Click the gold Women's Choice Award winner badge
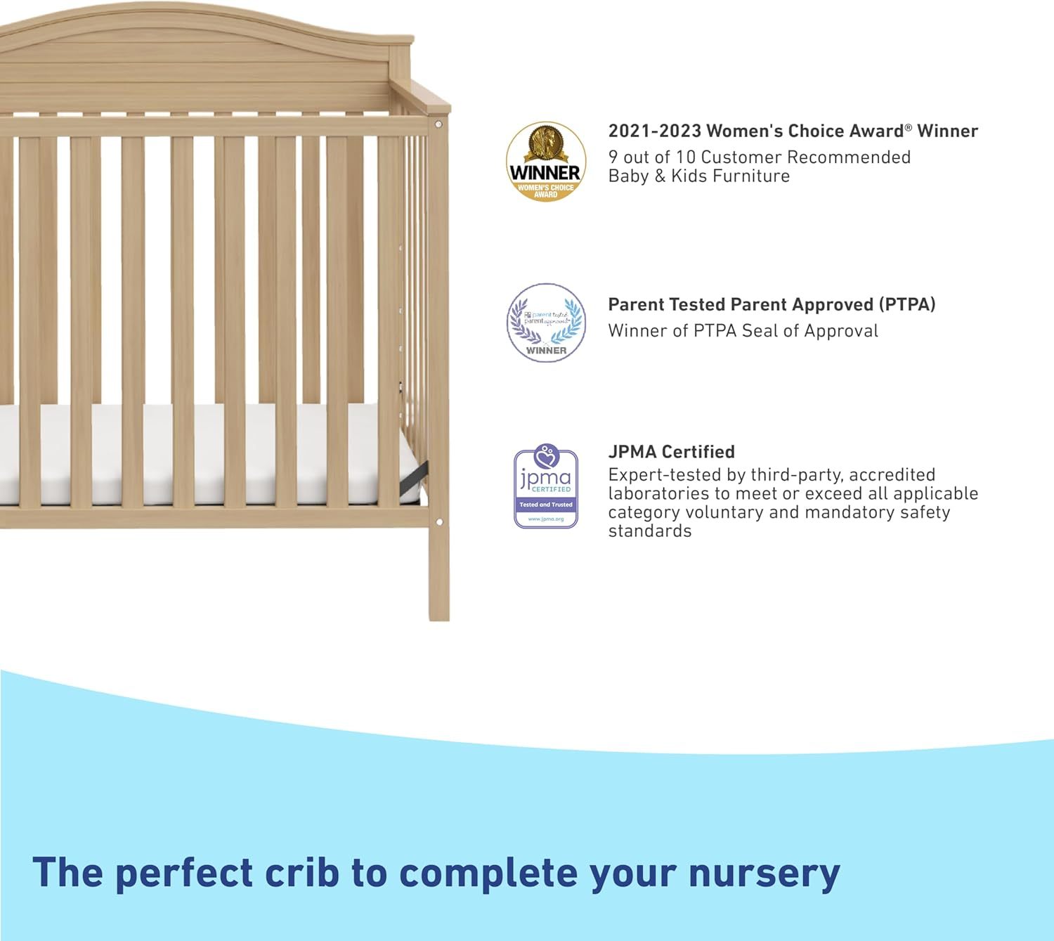click(546, 162)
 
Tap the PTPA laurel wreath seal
click(546, 323)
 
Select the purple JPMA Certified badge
click(546, 486)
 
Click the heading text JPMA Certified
click(671, 452)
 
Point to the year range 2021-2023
click(655, 131)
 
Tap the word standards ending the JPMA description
click(650, 531)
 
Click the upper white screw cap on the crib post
click(438, 124)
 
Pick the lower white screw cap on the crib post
click(439, 521)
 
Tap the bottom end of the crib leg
click(440, 618)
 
